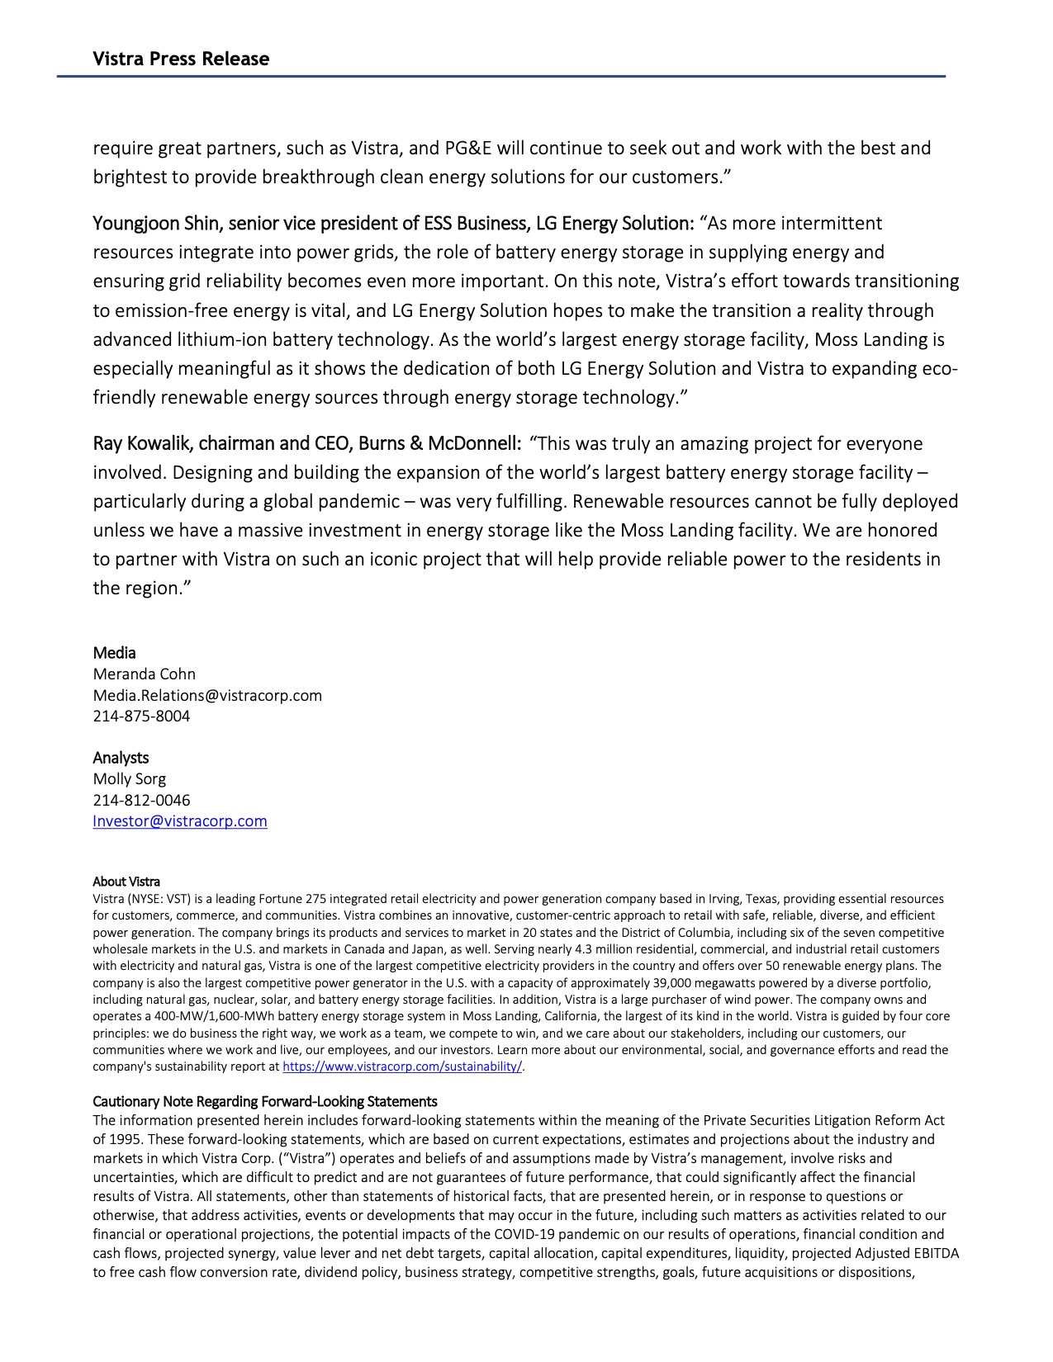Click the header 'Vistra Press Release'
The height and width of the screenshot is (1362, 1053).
(181, 59)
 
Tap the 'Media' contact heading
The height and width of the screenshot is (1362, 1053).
(114, 653)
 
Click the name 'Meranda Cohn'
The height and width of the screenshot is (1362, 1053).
(144, 674)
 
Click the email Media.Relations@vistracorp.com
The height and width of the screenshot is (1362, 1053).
(207, 696)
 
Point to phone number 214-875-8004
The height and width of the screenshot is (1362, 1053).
(141, 716)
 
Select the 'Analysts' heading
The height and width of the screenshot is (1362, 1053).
(121, 758)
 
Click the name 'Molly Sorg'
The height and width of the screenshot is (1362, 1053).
(129, 779)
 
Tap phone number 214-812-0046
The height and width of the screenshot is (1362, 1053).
(141, 801)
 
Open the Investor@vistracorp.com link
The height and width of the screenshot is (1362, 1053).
(180, 821)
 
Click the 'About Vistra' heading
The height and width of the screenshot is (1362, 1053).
(126, 882)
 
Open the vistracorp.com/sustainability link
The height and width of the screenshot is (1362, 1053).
(402, 1066)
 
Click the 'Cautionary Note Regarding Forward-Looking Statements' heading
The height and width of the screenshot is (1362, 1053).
(264, 1102)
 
